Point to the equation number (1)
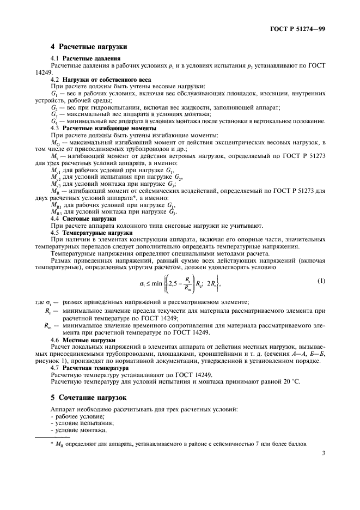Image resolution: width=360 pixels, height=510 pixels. [321, 281]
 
